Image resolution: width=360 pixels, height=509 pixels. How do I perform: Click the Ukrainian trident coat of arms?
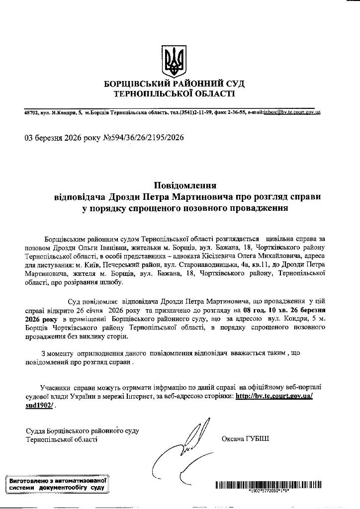pos(174,59)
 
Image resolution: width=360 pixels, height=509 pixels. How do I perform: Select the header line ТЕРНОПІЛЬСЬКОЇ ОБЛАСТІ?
pos(174,93)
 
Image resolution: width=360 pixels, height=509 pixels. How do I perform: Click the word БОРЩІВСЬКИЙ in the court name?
pos(134,84)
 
